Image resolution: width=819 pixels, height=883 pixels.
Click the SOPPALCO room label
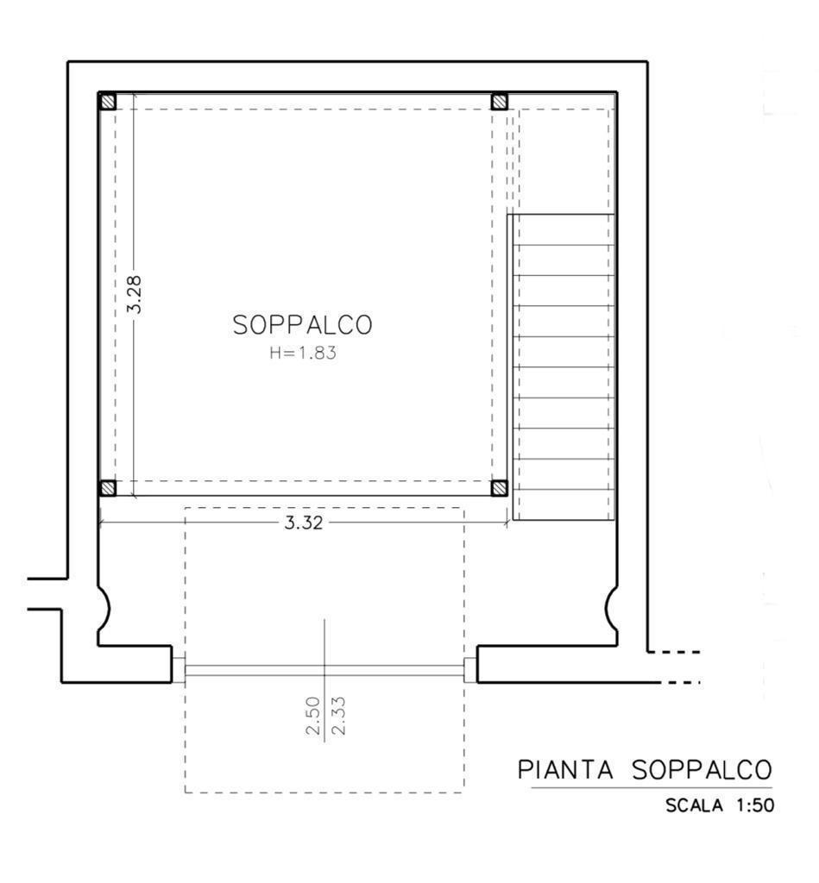(302, 325)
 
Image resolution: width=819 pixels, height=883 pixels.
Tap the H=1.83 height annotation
(302, 353)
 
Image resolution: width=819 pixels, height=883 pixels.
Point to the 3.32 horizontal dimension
(303, 523)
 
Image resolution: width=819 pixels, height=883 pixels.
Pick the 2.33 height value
(337, 717)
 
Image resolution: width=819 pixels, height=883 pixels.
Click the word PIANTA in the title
(566, 769)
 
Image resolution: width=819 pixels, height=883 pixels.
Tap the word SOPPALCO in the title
(701, 769)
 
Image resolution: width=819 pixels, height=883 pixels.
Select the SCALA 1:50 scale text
(720, 806)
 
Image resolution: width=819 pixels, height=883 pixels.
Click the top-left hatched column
(107, 102)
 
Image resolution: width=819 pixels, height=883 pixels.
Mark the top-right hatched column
(499, 102)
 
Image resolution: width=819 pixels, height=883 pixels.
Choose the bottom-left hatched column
(107, 488)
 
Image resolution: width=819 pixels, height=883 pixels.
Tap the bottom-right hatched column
(499, 488)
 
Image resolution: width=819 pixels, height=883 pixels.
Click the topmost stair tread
(564, 229)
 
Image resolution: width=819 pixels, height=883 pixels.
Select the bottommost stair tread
(564, 505)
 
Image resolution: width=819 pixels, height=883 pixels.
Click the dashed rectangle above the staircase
(564, 160)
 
